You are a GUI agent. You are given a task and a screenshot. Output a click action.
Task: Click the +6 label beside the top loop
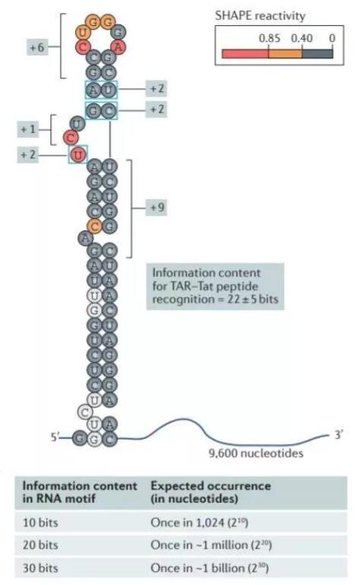(37, 48)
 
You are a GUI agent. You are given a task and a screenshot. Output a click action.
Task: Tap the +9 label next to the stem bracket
(157, 207)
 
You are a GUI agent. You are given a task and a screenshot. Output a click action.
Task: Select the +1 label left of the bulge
(28, 129)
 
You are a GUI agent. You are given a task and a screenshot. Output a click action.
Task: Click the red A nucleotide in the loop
(118, 47)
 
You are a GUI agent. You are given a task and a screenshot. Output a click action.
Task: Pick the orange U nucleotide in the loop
(83, 33)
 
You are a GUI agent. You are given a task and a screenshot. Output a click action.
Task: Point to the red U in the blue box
(78, 154)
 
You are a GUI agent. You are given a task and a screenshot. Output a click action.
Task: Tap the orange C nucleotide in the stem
(95, 226)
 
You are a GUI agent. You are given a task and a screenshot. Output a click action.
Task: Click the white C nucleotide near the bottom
(85, 413)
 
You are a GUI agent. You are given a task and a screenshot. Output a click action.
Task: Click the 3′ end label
(339, 435)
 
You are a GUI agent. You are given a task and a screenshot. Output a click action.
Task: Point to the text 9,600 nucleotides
(256, 454)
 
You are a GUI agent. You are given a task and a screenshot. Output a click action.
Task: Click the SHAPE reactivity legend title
(260, 16)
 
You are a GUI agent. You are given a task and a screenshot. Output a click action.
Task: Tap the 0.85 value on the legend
(270, 38)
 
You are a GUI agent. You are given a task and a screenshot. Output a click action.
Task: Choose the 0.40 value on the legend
(302, 38)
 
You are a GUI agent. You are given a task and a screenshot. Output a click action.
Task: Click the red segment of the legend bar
(245, 53)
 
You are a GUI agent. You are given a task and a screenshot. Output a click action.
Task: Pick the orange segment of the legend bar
(286, 53)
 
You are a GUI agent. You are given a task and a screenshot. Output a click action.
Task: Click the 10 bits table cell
(40, 523)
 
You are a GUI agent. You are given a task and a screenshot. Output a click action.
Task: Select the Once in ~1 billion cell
(210, 568)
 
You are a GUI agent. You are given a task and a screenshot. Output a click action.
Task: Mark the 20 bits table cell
(40, 545)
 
